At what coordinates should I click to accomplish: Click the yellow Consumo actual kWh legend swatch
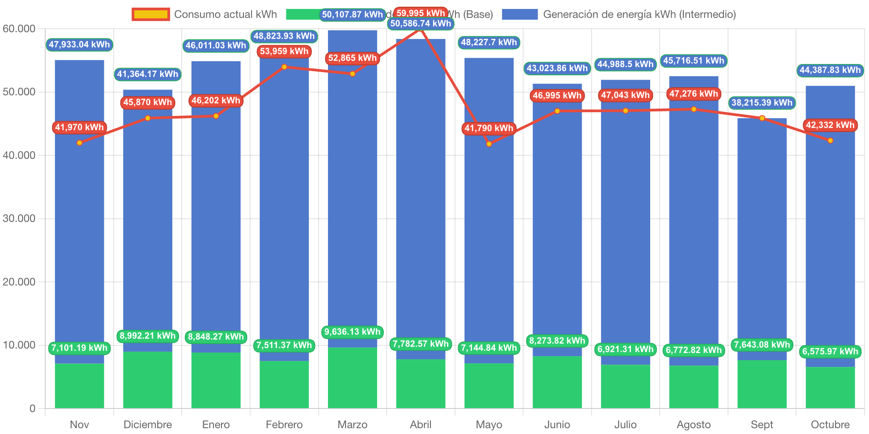151,14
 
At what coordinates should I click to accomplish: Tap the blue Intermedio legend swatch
520,14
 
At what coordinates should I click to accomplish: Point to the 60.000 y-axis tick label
19,29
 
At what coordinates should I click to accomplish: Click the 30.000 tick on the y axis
19,218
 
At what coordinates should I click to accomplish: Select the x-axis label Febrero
284,424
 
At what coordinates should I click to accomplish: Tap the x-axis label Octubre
830,424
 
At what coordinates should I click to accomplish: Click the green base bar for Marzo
352,378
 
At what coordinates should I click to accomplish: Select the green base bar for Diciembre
148,380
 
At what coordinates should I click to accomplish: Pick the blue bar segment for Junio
557,224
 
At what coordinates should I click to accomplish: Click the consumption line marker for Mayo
489,144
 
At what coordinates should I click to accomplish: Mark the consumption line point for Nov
80,143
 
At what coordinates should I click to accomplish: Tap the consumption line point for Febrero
284,67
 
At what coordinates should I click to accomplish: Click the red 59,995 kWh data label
421,13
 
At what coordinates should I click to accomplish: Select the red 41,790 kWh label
489,128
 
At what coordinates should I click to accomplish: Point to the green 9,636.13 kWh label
352,332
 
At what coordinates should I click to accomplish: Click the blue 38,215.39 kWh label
762,103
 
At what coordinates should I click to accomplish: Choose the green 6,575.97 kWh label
830,352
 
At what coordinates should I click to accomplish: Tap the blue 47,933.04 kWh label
79,45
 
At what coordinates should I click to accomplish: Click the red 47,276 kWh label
694,94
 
